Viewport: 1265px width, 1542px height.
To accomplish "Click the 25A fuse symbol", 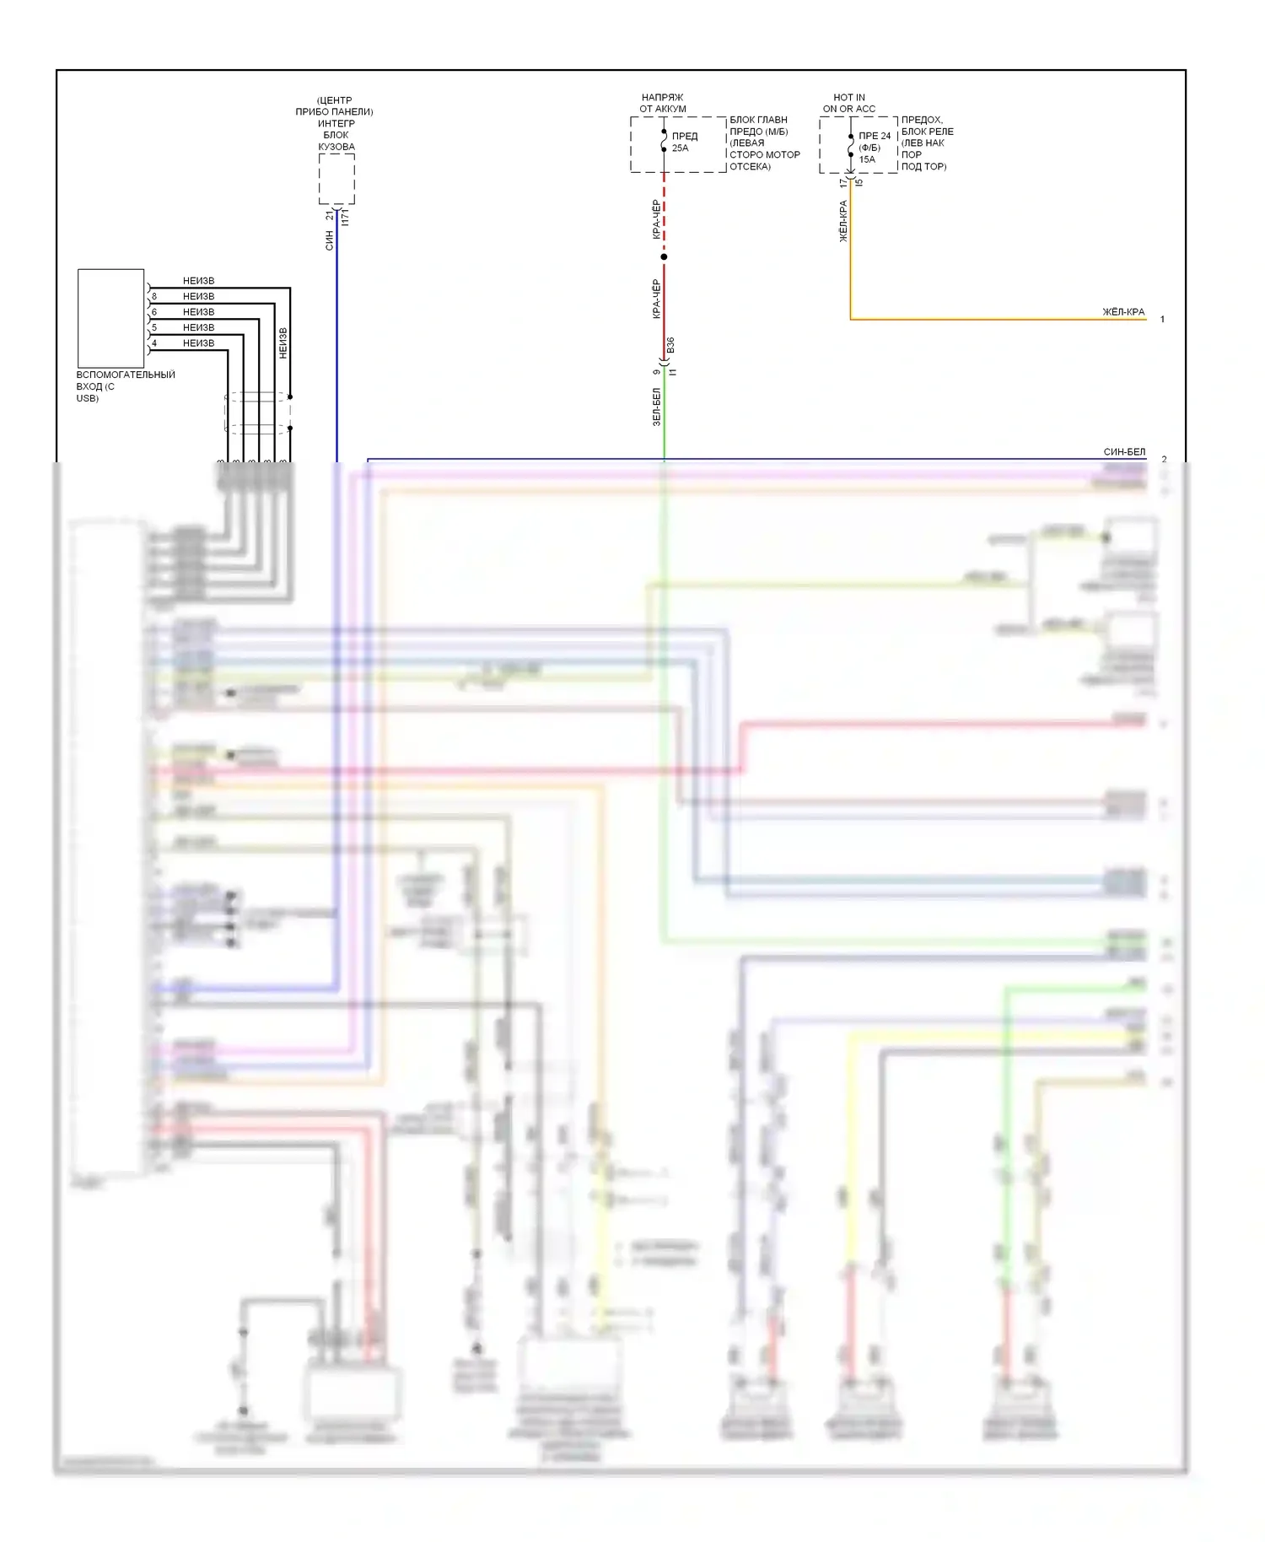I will point(665,141).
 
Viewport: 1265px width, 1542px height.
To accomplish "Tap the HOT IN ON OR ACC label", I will point(848,103).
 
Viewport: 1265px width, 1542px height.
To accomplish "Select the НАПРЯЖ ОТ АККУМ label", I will point(662,103).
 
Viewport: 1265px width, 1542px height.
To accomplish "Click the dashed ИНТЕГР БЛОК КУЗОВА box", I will point(336,179).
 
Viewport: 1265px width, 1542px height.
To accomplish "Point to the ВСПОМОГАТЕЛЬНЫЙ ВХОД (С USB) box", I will point(110,318).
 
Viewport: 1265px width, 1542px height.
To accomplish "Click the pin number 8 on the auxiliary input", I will point(154,297).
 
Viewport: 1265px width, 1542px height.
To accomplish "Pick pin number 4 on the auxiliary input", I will point(154,343).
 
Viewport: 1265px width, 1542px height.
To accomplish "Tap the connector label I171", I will point(345,217).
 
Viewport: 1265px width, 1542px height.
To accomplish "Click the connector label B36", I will point(670,345).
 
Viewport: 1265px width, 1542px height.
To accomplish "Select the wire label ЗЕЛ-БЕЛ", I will point(657,407).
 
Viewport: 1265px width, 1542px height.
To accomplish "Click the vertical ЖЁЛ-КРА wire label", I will point(842,221).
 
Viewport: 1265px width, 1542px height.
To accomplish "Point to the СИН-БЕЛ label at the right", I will point(1124,452).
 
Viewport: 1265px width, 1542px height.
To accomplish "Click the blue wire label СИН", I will point(329,240).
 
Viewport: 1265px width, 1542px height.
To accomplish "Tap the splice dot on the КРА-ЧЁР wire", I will point(664,256).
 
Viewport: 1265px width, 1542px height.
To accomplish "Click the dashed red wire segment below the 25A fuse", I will point(664,211).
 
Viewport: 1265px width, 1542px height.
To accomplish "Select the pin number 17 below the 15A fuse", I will point(842,182).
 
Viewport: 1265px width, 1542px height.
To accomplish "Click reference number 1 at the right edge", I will point(1162,320).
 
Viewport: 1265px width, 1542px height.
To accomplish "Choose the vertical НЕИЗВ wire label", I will point(283,343).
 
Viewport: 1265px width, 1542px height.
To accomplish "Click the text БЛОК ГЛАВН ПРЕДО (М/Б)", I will point(758,126).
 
